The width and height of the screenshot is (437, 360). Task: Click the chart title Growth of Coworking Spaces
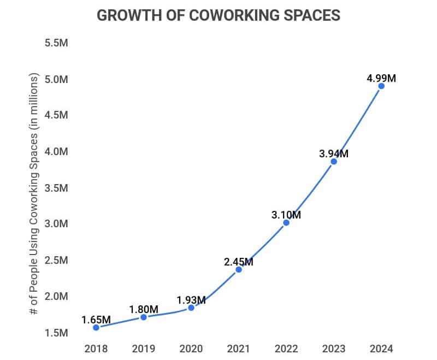[x=218, y=15]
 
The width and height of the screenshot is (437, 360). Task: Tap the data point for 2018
[x=96, y=327]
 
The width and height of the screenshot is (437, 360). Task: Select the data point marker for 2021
[x=239, y=269]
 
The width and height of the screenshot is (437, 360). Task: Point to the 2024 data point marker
[x=381, y=86]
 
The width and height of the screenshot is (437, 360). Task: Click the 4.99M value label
[x=381, y=78]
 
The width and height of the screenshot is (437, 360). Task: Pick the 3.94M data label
[x=334, y=154]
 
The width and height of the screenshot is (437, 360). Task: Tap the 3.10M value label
[x=286, y=215]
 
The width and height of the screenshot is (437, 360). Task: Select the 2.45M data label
[x=239, y=262]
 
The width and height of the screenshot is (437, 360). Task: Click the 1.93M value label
[x=191, y=300]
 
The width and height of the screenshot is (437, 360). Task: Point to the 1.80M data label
[x=144, y=309]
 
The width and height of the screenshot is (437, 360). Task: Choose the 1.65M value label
[x=96, y=320]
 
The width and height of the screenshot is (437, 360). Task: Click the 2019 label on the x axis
[x=144, y=349]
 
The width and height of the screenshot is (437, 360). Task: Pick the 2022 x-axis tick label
[x=286, y=349]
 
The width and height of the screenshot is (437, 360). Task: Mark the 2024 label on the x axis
[x=381, y=349]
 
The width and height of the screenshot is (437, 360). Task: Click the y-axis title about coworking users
[x=34, y=194]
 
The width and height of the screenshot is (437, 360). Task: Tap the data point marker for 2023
[x=334, y=161]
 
